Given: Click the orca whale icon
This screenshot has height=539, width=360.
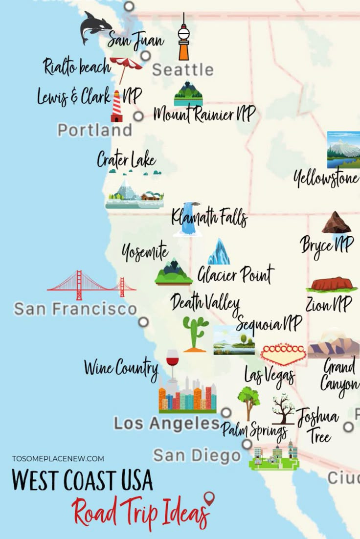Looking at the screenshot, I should [x=96, y=28].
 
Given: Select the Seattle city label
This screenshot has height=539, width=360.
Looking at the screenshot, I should [x=182, y=70].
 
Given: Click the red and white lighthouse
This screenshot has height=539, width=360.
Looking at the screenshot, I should [x=116, y=106].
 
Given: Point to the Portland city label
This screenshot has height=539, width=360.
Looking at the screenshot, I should [x=94, y=130].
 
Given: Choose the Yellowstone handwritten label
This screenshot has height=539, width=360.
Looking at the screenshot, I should [x=326, y=179].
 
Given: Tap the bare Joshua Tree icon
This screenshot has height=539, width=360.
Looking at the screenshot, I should [x=283, y=409].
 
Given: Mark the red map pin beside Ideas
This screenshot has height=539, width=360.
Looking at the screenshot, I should [x=209, y=498].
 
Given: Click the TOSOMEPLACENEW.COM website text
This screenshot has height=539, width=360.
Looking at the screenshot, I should [x=58, y=459].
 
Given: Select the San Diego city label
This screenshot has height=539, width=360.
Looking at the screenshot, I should [x=197, y=455].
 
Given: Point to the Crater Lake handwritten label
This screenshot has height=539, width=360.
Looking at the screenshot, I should [x=126, y=160].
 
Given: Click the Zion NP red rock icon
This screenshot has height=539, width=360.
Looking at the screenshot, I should [x=331, y=285].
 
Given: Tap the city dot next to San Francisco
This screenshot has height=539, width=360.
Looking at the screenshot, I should [x=143, y=322].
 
